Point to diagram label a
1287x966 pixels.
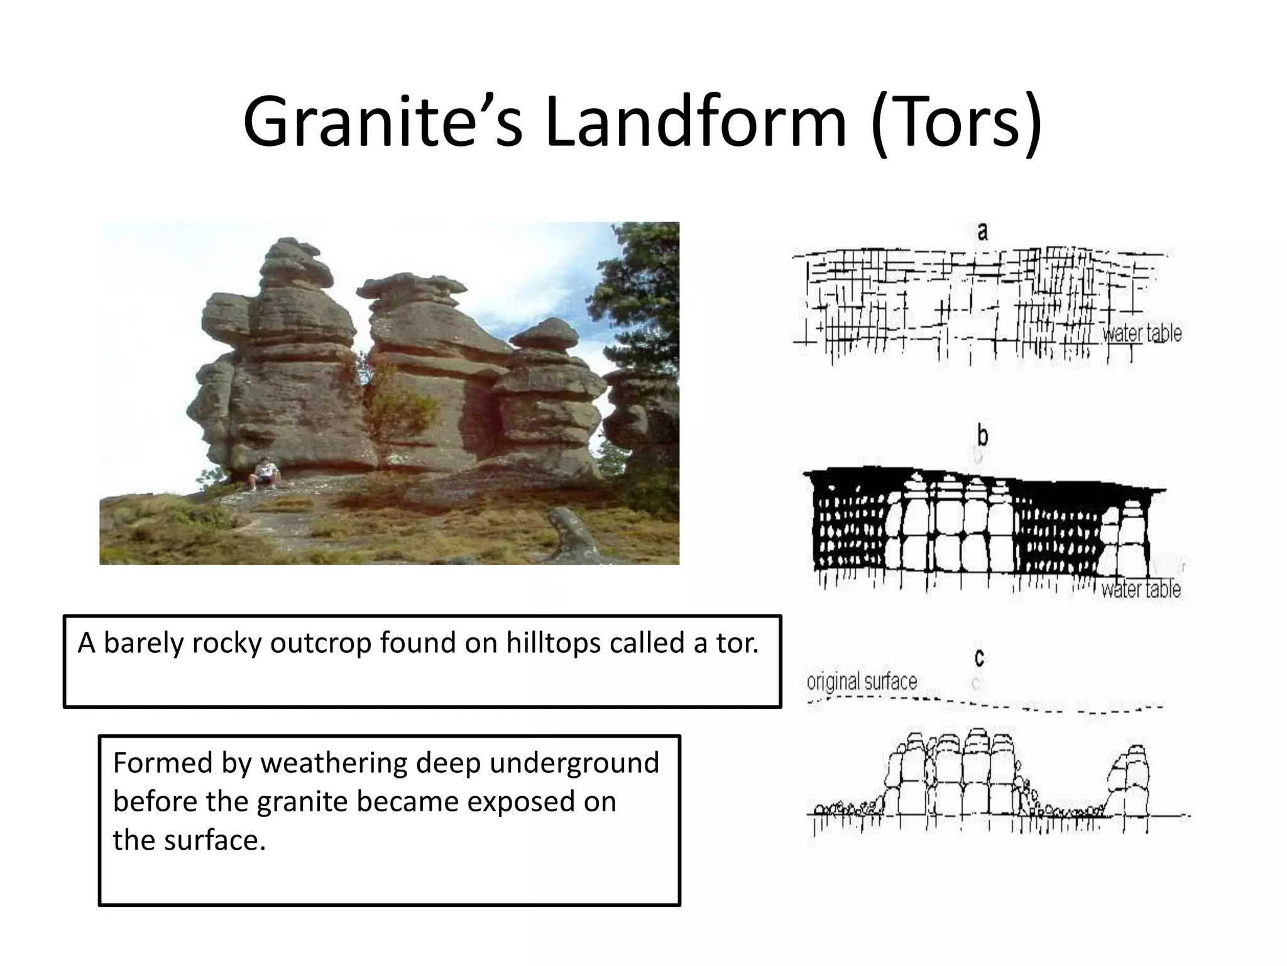tap(982, 231)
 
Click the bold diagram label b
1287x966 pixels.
tap(983, 436)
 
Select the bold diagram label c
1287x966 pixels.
tap(979, 658)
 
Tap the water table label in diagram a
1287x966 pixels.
tap(1142, 333)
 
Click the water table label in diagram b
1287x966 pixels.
tap(1141, 589)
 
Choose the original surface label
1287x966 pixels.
tap(862, 682)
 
